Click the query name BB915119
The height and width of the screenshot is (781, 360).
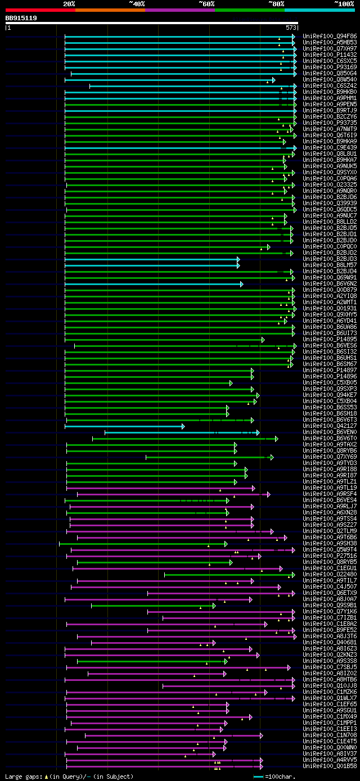21,18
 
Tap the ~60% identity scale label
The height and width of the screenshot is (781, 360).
206,4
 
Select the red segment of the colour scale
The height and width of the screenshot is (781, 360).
40,10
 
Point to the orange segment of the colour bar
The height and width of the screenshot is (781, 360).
110,10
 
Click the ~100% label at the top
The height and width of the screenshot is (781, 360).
344,4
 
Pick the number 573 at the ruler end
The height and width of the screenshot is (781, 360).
291,28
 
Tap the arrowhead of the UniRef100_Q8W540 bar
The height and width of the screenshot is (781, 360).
273,80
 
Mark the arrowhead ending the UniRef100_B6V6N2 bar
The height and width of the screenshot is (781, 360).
241,284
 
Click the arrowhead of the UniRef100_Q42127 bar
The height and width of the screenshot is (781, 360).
183,411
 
